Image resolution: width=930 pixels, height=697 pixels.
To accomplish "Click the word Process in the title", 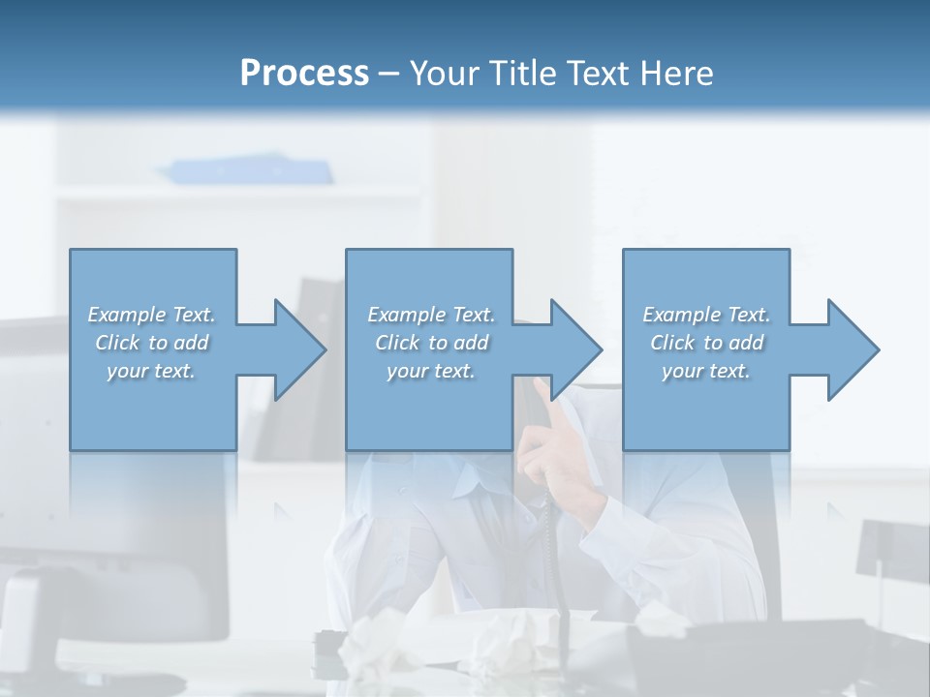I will (x=304, y=73).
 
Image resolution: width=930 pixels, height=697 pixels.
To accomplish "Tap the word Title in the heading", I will (x=519, y=73).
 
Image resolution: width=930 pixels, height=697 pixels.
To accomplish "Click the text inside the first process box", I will (x=152, y=343).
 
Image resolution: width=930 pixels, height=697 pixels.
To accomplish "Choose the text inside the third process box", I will (x=706, y=343).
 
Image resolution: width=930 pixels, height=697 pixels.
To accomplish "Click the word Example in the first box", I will (x=126, y=315).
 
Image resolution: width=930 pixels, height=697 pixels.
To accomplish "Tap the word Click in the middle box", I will (x=397, y=343).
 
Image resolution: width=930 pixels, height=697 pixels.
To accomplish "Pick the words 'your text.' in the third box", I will (x=706, y=371).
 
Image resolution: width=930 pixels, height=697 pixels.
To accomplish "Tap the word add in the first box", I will (x=192, y=343).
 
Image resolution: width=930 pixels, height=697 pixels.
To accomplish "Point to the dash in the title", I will (x=389, y=74).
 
